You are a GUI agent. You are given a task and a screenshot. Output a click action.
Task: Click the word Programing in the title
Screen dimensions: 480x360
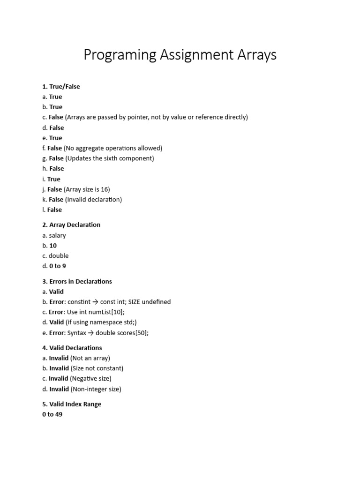[120, 55]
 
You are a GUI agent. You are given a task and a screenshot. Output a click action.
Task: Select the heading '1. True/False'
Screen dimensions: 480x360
[61, 87]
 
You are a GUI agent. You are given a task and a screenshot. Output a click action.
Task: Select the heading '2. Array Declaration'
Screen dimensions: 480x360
[71, 225]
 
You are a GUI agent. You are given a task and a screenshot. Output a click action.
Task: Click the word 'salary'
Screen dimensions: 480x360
[58, 235]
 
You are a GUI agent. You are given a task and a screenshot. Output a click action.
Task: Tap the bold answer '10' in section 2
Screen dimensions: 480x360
[53, 246]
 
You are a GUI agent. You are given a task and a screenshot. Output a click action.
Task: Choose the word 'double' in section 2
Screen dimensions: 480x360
[59, 256]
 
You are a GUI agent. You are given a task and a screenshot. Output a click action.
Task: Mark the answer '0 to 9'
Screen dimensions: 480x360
[58, 266]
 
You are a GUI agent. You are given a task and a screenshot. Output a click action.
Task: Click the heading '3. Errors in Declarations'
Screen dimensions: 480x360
[77, 281]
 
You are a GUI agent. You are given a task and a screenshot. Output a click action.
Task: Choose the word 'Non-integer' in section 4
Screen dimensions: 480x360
[90, 389]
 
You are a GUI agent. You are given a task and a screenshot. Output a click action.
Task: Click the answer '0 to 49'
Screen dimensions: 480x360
[52, 414]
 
